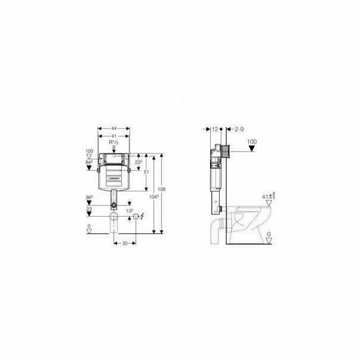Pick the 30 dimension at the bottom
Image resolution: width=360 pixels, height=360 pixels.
coord(124,244)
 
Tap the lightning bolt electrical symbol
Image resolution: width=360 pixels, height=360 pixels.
coord(143,216)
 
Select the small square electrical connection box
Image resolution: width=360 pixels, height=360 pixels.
coord(136,216)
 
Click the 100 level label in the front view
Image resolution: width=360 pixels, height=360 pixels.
coord(90,152)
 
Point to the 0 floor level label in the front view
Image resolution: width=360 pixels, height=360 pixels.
coord(90,226)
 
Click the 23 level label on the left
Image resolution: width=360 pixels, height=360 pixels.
coord(90,209)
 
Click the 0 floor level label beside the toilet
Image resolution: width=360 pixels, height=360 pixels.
coord(269,234)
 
